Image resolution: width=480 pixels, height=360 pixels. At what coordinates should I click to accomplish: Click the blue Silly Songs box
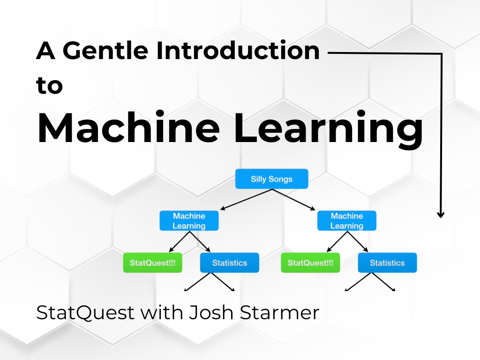[x=271, y=179]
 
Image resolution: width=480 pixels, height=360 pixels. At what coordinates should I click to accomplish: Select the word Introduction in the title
[x=239, y=50]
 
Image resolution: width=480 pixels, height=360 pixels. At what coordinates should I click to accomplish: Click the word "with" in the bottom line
[x=162, y=313]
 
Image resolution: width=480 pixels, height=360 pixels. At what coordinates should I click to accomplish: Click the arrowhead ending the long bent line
[x=441, y=214]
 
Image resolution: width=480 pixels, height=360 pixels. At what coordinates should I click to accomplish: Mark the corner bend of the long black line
[x=441, y=54]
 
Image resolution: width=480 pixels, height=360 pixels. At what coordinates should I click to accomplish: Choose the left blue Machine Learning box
[x=189, y=221]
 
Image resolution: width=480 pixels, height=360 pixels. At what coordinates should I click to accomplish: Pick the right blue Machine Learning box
[x=347, y=221]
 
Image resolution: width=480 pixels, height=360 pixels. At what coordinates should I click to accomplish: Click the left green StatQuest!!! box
[x=152, y=263]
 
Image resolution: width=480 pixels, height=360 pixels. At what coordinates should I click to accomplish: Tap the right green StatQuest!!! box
[x=310, y=263]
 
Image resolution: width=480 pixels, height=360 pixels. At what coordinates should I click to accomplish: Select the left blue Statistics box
[x=229, y=263]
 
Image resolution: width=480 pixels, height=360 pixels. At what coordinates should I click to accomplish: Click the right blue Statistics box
[x=387, y=263]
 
